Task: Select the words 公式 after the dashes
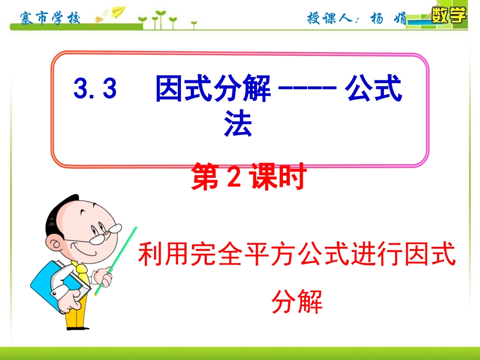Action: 373,89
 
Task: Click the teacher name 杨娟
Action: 387,19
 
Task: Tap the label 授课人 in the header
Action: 330,19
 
